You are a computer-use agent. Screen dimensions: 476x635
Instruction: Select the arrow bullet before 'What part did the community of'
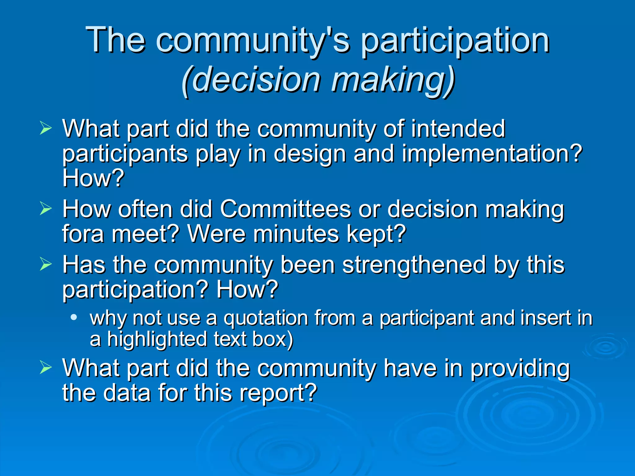coord(46,128)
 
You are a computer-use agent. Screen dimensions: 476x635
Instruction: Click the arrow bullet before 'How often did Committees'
coord(46,209)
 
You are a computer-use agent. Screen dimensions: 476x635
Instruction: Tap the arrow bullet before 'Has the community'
coord(46,264)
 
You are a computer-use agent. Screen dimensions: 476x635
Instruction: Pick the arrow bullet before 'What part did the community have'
coord(46,368)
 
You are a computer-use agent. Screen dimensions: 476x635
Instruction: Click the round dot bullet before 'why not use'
coord(73,317)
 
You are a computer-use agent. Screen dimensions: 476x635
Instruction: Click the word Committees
coord(285,209)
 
